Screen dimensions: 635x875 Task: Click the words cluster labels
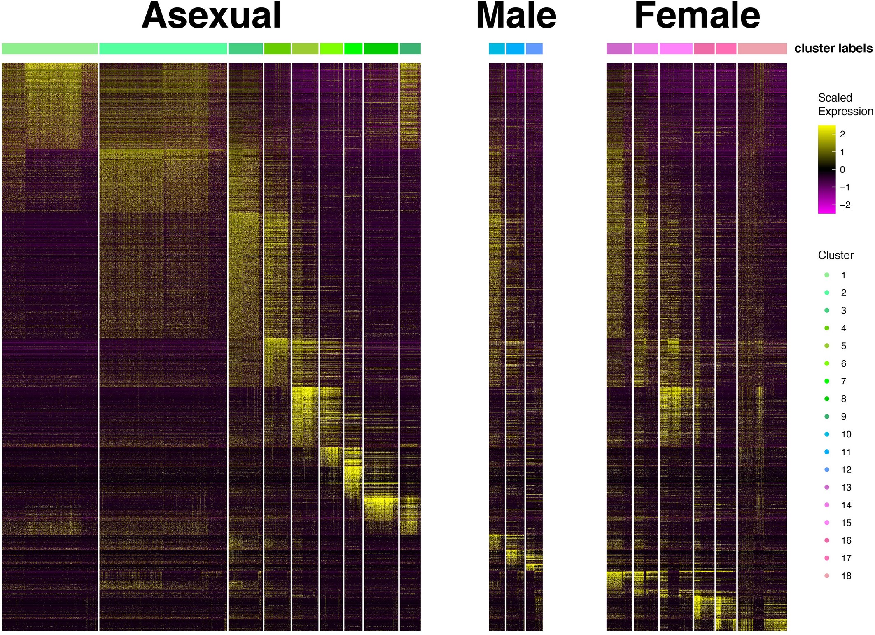pos(833,49)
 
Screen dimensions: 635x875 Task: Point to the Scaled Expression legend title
pos(845,105)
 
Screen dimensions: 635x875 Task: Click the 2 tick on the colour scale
pos(842,134)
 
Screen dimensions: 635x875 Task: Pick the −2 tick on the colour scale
pos(845,205)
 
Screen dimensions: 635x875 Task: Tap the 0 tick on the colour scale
pos(842,170)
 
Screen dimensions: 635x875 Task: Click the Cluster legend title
pos(835,255)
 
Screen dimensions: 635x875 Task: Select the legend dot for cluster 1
pos(827,275)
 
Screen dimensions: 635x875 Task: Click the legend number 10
pos(846,434)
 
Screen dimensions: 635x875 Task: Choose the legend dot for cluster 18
pos(827,576)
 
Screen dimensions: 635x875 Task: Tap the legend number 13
pos(846,487)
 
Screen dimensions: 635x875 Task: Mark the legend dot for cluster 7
pos(827,381)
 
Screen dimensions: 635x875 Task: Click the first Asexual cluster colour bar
pos(50,49)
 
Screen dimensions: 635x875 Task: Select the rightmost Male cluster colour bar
pos(534,49)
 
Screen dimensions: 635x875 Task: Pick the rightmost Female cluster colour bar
pos(762,49)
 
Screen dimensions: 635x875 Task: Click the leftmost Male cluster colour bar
pos(497,49)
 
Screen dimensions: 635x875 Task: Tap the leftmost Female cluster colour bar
pos(619,49)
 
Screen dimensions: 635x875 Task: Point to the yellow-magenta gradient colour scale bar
pos(826,169)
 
